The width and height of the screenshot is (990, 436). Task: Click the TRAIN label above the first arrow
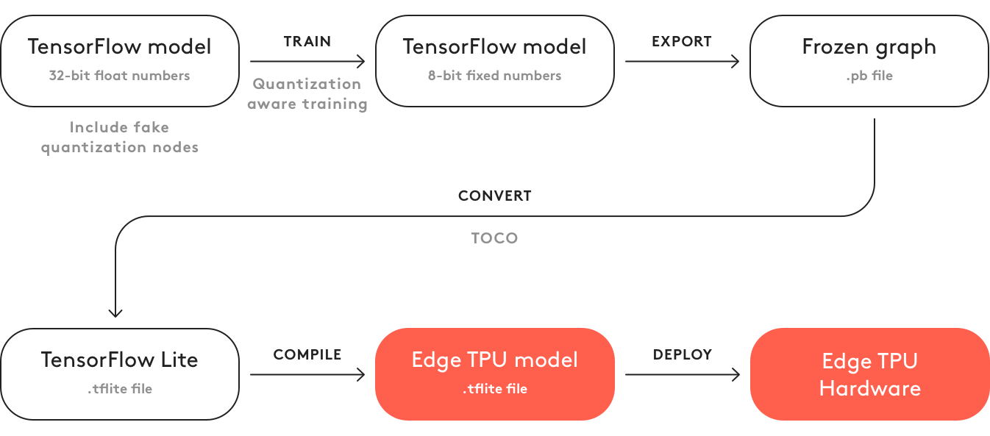(x=307, y=42)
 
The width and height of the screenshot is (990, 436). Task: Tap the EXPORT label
(x=682, y=42)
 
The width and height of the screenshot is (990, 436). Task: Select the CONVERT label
(x=494, y=196)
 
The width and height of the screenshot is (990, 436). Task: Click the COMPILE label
(x=307, y=355)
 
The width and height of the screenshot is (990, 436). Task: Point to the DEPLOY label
(x=683, y=355)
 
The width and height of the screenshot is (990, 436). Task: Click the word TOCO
(x=494, y=238)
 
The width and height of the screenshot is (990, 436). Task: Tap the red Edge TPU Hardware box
(x=869, y=374)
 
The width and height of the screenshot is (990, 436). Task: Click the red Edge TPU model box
(x=494, y=374)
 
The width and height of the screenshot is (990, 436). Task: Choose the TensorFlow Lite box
(x=120, y=374)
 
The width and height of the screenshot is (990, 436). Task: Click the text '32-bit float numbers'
(x=120, y=76)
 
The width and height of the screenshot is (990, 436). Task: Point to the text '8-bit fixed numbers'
(x=494, y=76)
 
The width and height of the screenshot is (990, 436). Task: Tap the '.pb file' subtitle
(x=869, y=76)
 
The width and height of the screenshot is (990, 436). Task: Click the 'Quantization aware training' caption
(x=307, y=94)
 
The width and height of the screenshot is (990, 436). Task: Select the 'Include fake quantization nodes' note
(x=120, y=137)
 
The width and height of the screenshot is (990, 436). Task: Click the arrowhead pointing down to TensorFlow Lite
(x=116, y=313)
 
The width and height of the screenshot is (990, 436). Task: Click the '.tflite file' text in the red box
(x=494, y=389)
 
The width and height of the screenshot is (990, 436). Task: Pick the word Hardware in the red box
(x=869, y=388)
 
